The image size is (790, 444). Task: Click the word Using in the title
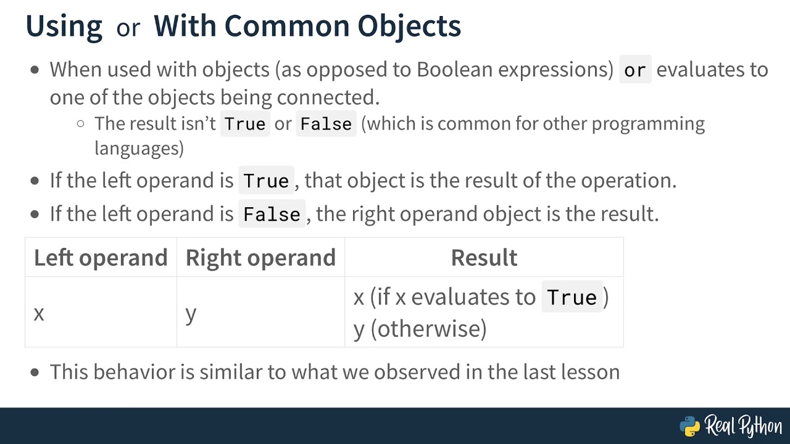point(64,27)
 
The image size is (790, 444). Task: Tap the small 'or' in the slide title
point(128,28)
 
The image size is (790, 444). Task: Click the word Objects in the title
point(409,27)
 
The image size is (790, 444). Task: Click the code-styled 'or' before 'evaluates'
point(634,70)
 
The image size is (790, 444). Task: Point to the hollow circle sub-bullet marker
point(80,123)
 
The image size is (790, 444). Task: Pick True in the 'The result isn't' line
point(245,124)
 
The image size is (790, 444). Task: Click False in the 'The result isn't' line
point(326,124)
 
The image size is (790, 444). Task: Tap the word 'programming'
point(648,124)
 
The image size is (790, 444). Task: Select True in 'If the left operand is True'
point(266,181)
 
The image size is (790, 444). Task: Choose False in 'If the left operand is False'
point(272,215)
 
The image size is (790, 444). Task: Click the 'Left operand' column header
point(101,258)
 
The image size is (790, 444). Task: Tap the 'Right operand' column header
point(260,258)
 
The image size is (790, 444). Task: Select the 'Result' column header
point(484,258)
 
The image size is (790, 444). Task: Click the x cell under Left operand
point(39,313)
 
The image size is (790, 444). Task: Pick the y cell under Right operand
point(191,313)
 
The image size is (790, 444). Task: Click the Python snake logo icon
point(690,426)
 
